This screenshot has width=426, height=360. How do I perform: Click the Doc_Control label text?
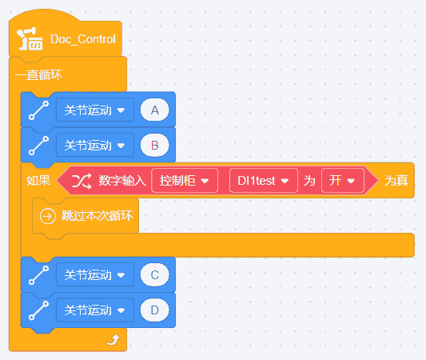83,39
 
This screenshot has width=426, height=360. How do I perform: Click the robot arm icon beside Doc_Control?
30,39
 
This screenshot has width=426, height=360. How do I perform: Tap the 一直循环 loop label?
38,74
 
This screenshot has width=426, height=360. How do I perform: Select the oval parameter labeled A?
154,110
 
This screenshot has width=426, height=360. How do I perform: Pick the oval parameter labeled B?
154,145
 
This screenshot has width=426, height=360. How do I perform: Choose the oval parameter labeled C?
154,275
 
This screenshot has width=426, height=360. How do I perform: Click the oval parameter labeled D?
154,310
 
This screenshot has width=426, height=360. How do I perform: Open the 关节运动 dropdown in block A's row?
95,110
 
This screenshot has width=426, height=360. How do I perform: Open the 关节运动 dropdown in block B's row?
95,145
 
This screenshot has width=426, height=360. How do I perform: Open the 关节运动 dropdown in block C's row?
95,275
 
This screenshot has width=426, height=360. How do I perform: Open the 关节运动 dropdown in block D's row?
95,310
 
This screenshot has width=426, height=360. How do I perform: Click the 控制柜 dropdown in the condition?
185,181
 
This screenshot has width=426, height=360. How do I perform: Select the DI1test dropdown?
264,181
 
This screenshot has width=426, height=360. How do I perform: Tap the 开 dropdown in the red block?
343,181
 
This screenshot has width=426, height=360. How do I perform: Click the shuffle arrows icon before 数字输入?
82,181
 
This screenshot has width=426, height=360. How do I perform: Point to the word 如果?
38,181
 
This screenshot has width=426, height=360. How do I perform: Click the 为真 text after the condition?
396,181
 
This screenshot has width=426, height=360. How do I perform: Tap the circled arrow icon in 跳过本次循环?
47,216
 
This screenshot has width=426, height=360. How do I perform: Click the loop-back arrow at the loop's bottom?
113,340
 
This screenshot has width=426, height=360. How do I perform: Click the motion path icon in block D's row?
39,310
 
